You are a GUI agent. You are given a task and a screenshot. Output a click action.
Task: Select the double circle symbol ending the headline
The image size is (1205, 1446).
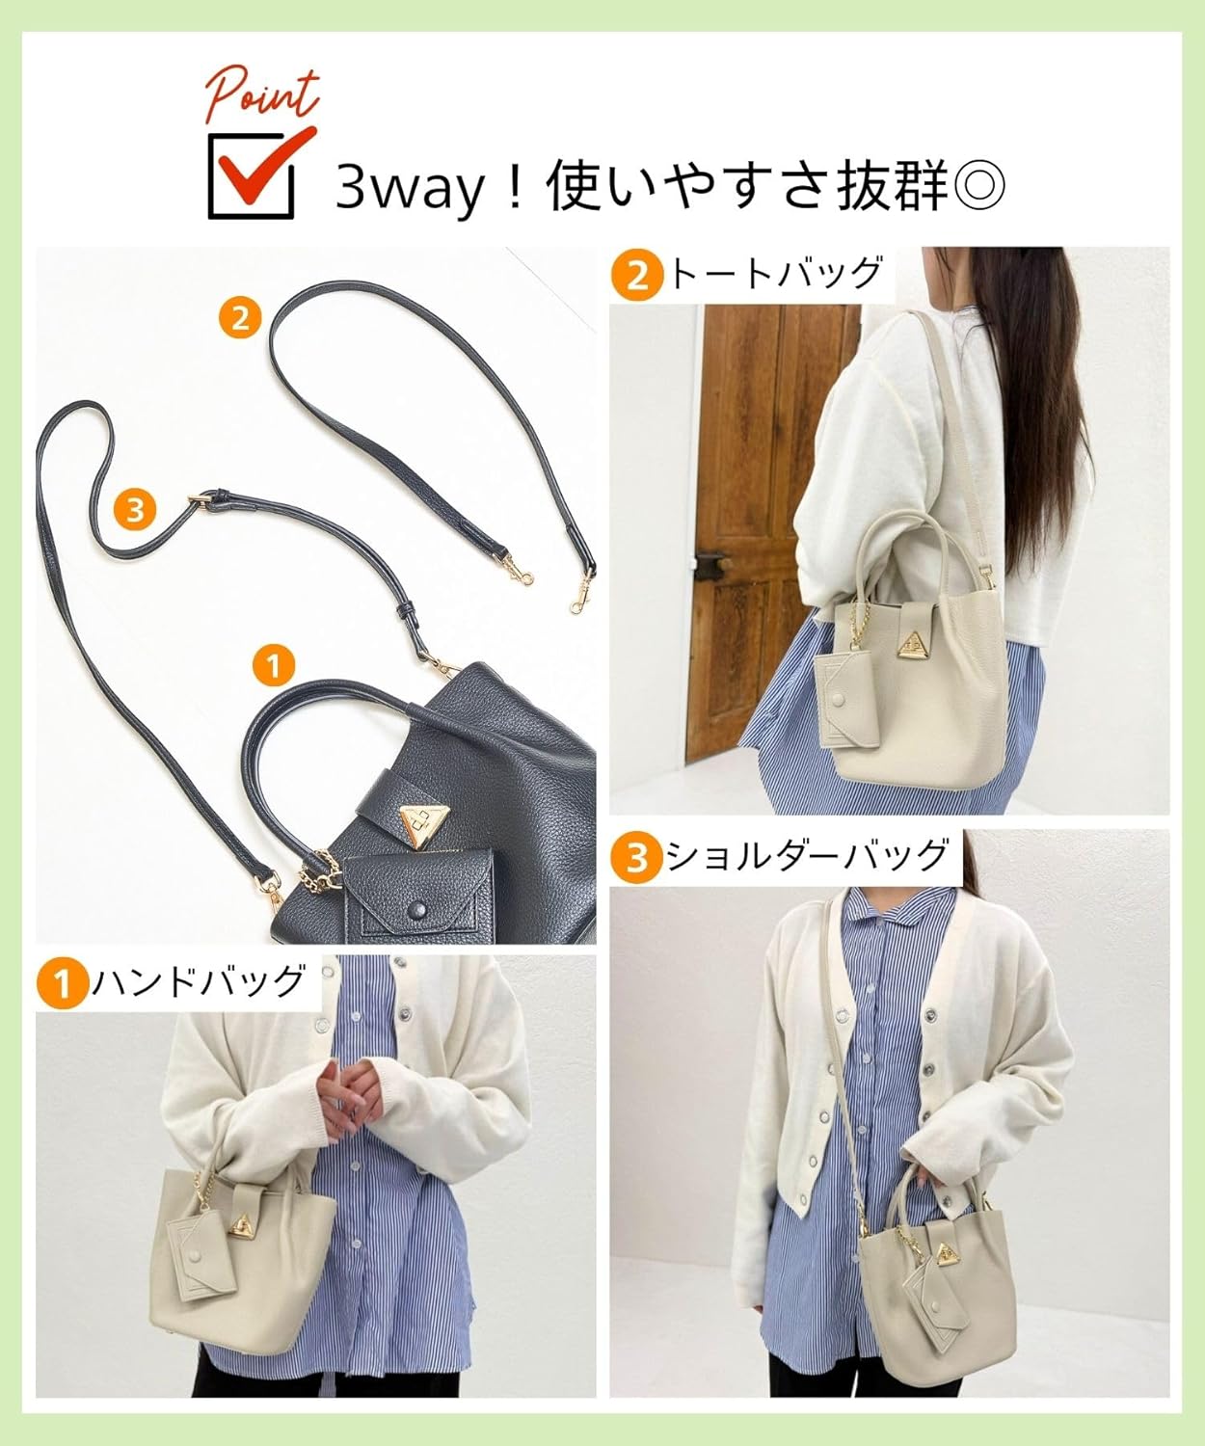(x=977, y=185)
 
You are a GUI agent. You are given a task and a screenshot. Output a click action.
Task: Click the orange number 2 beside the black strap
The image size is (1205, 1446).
(x=239, y=317)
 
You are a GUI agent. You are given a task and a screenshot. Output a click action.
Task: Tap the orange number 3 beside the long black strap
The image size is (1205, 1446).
(x=135, y=508)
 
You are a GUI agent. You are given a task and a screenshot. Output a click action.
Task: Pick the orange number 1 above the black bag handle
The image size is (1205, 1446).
(x=273, y=665)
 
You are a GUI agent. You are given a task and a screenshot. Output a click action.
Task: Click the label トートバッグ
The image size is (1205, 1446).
(x=775, y=274)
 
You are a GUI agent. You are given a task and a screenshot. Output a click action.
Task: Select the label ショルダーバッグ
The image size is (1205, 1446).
(x=808, y=856)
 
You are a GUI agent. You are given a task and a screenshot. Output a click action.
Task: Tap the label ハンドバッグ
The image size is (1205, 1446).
(x=199, y=982)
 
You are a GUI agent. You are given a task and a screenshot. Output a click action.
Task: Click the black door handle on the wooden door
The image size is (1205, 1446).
(x=711, y=557)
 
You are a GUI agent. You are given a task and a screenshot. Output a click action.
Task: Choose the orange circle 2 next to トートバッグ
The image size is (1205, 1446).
(x=637, y=276)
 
